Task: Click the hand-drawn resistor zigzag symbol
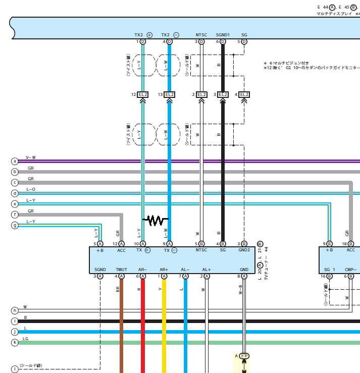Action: (156, 220)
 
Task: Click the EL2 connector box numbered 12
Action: (143, 94)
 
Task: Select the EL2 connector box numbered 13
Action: (169, 94)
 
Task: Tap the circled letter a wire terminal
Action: (15, 161)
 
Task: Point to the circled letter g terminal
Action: (15, 225)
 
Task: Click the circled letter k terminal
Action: (15, 343)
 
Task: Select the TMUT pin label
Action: (121, 270)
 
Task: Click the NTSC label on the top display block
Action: (201, 35)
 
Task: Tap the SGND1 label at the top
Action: (223, 35)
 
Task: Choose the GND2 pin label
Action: (244, 250)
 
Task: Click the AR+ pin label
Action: (164, 270)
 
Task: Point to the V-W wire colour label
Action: (31, 157)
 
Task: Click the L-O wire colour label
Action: (31, 189)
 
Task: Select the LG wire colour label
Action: (26, 339)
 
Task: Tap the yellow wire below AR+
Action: (164, 328)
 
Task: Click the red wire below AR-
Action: (143, 328)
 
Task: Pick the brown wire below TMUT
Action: (121, 328)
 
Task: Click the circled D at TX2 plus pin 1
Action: (143, 41)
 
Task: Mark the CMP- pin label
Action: (350, 270)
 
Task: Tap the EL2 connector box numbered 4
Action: (244, 94)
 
